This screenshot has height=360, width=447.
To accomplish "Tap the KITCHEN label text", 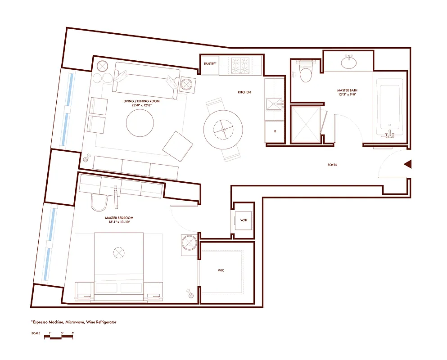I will (244, 92).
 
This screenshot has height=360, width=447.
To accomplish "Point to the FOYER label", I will (332, 165).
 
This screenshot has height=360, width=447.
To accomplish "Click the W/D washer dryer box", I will (244, 220).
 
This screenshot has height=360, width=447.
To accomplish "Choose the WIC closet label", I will (221, 270).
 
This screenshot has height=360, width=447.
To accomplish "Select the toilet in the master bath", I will (306, 72).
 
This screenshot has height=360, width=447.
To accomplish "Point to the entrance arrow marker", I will (408, 165).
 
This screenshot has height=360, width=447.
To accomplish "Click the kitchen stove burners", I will (240, 66).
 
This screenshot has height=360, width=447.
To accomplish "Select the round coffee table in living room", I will (140, 123).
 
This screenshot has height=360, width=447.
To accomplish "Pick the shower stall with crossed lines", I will (306, 125).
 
